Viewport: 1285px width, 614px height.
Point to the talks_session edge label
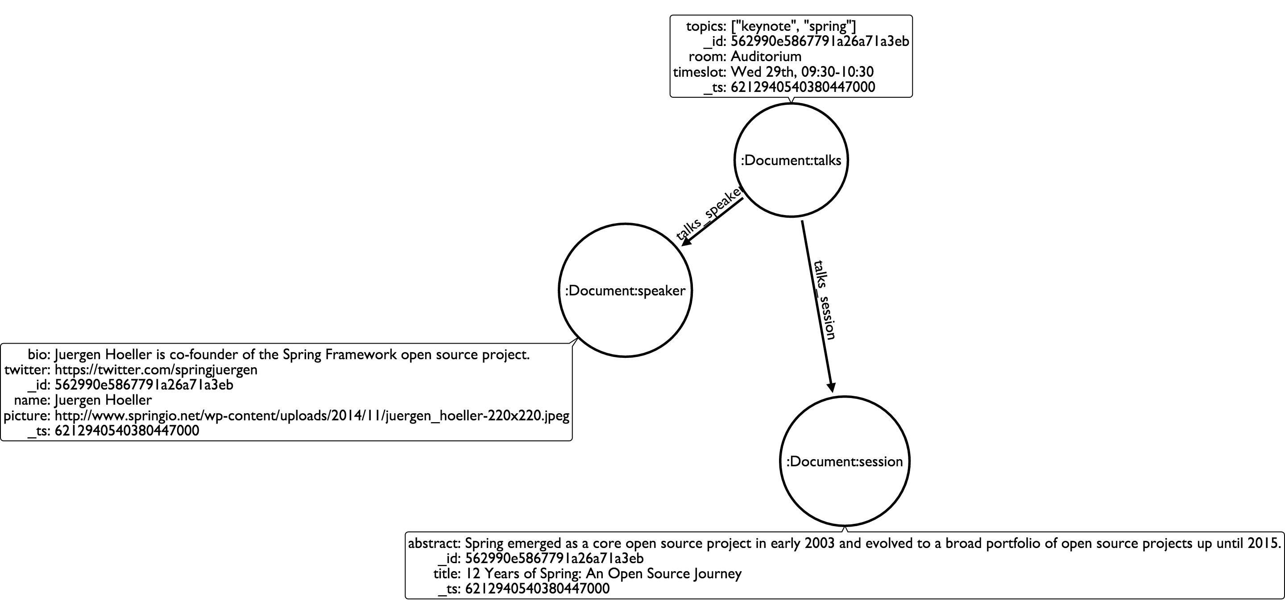coord(825,299)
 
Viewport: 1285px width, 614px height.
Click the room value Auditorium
coord(766,56)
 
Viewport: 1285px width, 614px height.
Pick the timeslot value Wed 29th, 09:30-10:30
coord(802,72)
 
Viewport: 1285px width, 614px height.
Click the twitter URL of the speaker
coord(156,369)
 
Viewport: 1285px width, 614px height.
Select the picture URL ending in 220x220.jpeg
coord(312,415)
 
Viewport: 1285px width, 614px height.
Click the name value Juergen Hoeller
coord(103,400)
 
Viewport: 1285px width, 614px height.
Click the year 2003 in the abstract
coord(820,543)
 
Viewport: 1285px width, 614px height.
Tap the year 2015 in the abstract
coord(1263,543)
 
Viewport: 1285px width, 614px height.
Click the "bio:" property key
coord(39,355)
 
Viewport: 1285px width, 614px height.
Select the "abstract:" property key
coord(435,543)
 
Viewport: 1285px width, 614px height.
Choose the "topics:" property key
coord(706,26)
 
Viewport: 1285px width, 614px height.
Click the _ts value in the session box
coord(537,589)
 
